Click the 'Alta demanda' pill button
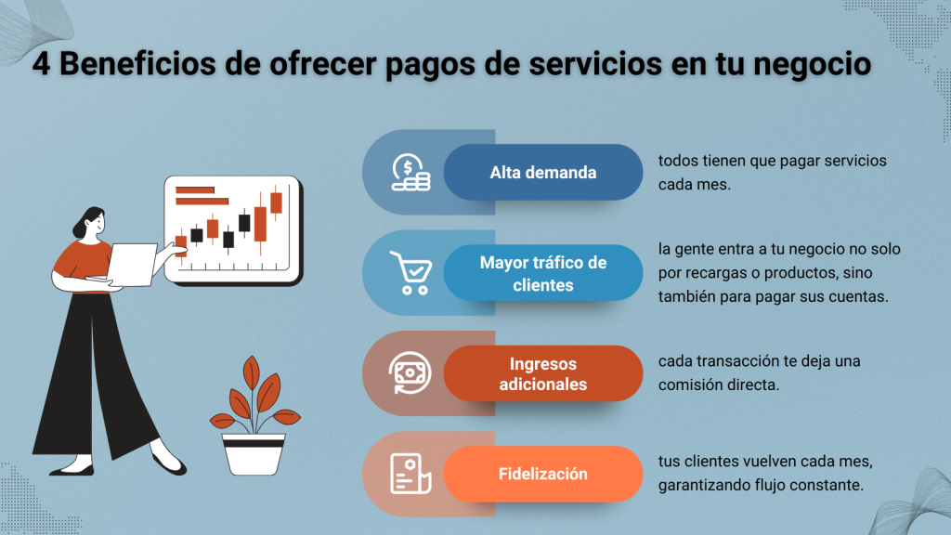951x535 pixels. [542, 172]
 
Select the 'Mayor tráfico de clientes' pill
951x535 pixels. [542, 273]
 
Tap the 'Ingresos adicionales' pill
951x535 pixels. [542, 373]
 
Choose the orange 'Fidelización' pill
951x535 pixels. [542, 474]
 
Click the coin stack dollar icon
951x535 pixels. [410, 172]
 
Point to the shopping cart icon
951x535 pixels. [410, 273]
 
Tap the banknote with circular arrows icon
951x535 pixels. [410, 373]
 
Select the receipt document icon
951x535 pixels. [410, 474]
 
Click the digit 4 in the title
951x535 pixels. [41, 64]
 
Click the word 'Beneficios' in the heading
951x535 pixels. [137, 64]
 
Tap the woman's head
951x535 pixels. [90, 222]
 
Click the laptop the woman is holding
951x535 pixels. [130, 265]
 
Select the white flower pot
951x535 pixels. [254, 453]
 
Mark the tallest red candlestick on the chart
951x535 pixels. [261, 224]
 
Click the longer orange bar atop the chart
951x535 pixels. [202, 202]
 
